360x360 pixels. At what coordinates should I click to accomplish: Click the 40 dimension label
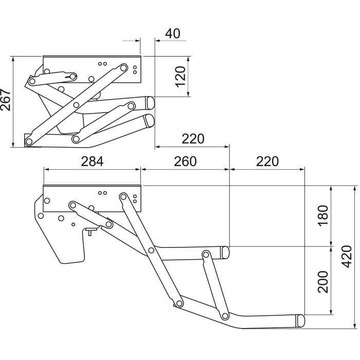click(173, 33)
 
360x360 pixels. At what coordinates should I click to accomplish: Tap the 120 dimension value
click(181, 77)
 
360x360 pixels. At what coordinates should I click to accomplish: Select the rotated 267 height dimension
click(6, 100)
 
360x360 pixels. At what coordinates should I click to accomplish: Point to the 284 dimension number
click(92, 161)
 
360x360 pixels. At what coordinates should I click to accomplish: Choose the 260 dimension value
click(185, 161)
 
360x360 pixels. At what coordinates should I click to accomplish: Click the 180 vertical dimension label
click(323, 216)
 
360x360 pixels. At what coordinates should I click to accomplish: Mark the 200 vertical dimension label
click(323, 282)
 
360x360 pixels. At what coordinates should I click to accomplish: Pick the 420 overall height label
click(347, 257)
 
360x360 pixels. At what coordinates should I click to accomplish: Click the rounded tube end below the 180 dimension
click(225, 253)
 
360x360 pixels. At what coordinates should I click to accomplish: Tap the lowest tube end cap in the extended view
click(300, 320)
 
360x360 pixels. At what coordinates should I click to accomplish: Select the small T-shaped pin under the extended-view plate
click(90, 231)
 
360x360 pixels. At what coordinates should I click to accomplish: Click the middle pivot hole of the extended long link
click(151, 250)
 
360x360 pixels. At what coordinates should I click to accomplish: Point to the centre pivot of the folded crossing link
click(76, 105)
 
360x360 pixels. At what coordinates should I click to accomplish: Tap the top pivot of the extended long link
click(123, 196)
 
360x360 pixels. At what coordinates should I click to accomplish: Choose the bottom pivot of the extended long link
click(179, 303)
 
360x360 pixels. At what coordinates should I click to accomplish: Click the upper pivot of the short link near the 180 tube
click(206, 255)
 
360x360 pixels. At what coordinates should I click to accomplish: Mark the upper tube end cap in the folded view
click(150, 103)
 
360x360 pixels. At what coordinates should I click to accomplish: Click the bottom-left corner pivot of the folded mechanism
click(29, 141)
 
